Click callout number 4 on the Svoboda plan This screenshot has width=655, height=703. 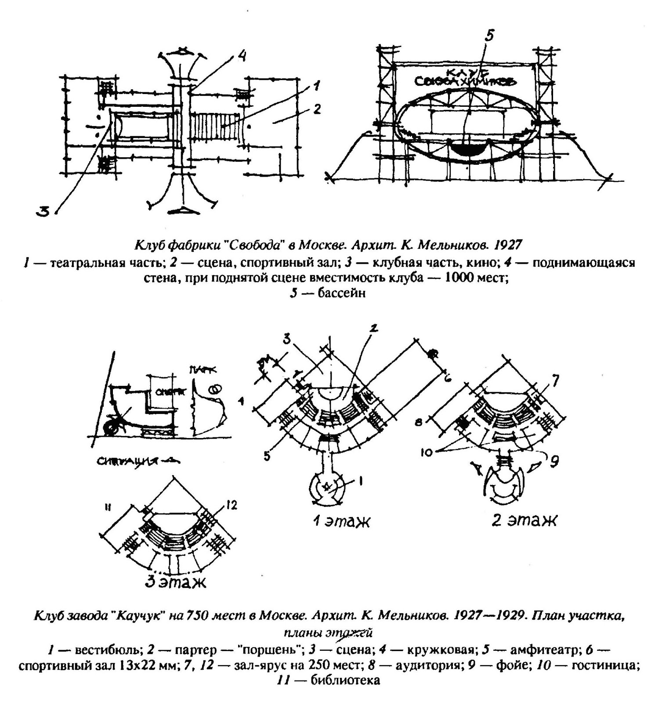pyautogui.click(x=242, y=57)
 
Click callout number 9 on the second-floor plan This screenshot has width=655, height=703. pyautogui.click(x=554, y=462)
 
